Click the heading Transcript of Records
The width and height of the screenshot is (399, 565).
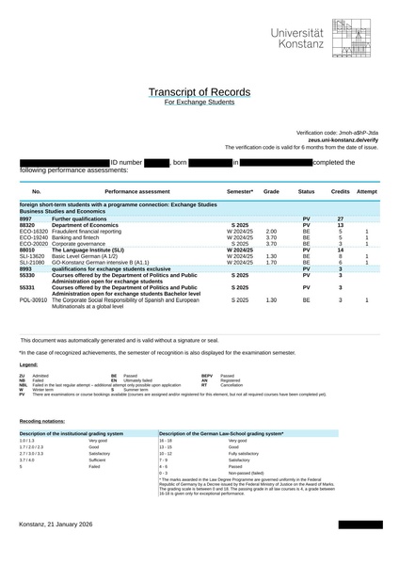point(199,91)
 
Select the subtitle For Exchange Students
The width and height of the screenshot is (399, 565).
point(199,102)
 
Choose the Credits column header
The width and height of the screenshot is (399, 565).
point(341,191)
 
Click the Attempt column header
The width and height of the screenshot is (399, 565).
point(367,191)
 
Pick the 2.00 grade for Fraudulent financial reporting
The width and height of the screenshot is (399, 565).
point(271,232)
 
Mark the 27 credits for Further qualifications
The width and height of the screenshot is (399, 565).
point(341,218)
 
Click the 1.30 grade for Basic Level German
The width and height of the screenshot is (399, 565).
point(271,256)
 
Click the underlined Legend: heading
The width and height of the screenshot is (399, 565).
point(29,363)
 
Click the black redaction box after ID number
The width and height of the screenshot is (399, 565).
point(156,163)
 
